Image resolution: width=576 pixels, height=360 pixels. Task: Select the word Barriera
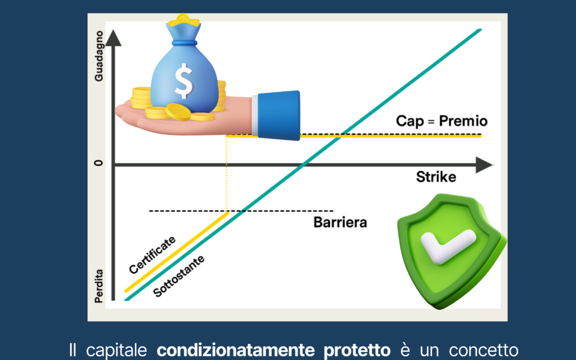click(340, 222)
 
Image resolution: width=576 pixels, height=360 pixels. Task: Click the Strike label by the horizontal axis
click(436, 177)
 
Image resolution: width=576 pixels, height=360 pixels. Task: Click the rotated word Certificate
click(152, 254)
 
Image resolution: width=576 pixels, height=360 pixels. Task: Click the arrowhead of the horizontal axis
click(484, 165)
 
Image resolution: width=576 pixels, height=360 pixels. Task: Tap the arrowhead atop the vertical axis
click(113, 38)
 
